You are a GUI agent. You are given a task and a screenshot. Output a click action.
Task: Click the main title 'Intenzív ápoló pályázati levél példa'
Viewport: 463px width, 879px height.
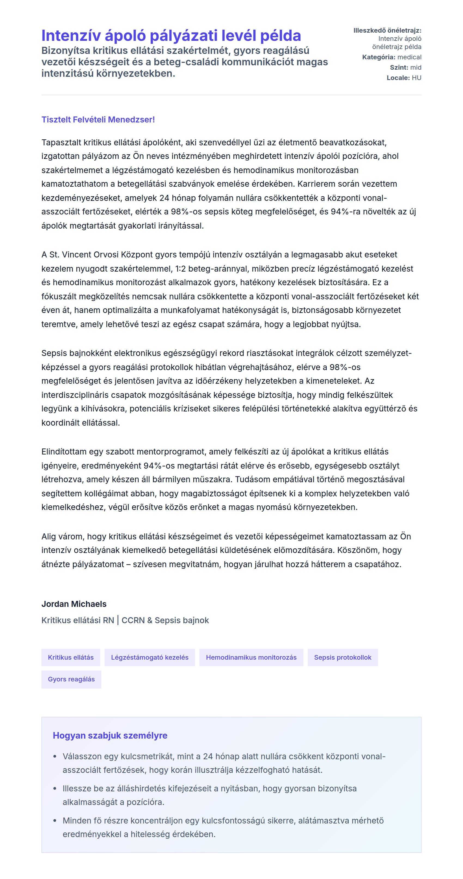(171, 35)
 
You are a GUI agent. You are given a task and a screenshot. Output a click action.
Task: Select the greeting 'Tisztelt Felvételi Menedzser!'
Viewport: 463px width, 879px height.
(98, 119)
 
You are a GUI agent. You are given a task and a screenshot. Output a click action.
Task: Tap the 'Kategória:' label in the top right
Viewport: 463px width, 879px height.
(379, 57)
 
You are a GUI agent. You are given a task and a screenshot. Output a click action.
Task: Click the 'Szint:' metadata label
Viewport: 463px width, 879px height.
(399, 67)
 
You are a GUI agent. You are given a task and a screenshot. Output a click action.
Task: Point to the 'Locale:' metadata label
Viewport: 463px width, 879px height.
(398, 78)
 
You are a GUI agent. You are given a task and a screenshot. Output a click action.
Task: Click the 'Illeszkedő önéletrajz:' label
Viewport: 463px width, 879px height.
(387, 30)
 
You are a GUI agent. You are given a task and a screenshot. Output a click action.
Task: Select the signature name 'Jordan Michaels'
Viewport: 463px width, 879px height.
(74, 604)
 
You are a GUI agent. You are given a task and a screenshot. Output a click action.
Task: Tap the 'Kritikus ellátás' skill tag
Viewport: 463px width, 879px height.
(71, 657)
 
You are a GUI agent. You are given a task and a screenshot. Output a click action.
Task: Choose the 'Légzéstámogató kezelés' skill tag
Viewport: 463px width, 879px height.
(150, 657)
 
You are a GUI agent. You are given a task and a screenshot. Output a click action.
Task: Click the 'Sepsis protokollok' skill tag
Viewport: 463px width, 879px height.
(342, 657)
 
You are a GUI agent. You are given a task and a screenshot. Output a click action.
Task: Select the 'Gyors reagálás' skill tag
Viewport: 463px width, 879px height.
(71, 679)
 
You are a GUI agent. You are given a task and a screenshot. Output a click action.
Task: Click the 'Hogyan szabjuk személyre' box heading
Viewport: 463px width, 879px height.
(110, 735)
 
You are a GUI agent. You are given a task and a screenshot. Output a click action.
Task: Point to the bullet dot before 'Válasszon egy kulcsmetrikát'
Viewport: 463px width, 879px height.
(55, 757)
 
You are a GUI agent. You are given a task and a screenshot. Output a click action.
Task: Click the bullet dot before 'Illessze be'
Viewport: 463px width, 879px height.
(55, 789)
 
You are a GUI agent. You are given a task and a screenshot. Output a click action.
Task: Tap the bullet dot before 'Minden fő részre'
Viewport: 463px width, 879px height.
(55, 821)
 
